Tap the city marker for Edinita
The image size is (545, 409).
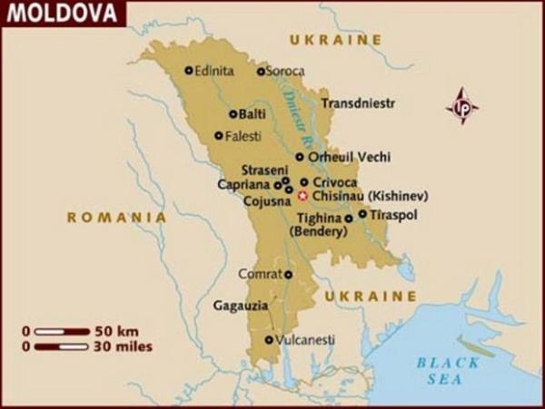click(189, 70)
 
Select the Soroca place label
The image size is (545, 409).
click(286, 71)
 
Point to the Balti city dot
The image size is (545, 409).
click(233, 114)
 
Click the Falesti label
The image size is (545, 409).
click(243, 136)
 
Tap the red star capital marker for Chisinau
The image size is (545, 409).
click(303, 195)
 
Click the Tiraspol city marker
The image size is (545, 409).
click(362, 215)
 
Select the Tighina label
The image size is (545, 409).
click(320, 219)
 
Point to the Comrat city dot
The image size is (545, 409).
click(289, 274)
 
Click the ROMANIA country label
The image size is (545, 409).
click(117, 218)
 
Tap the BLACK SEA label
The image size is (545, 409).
click(447, 370)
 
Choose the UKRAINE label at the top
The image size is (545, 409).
click(335, 40)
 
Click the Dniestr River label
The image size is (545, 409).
click(299, 118)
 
